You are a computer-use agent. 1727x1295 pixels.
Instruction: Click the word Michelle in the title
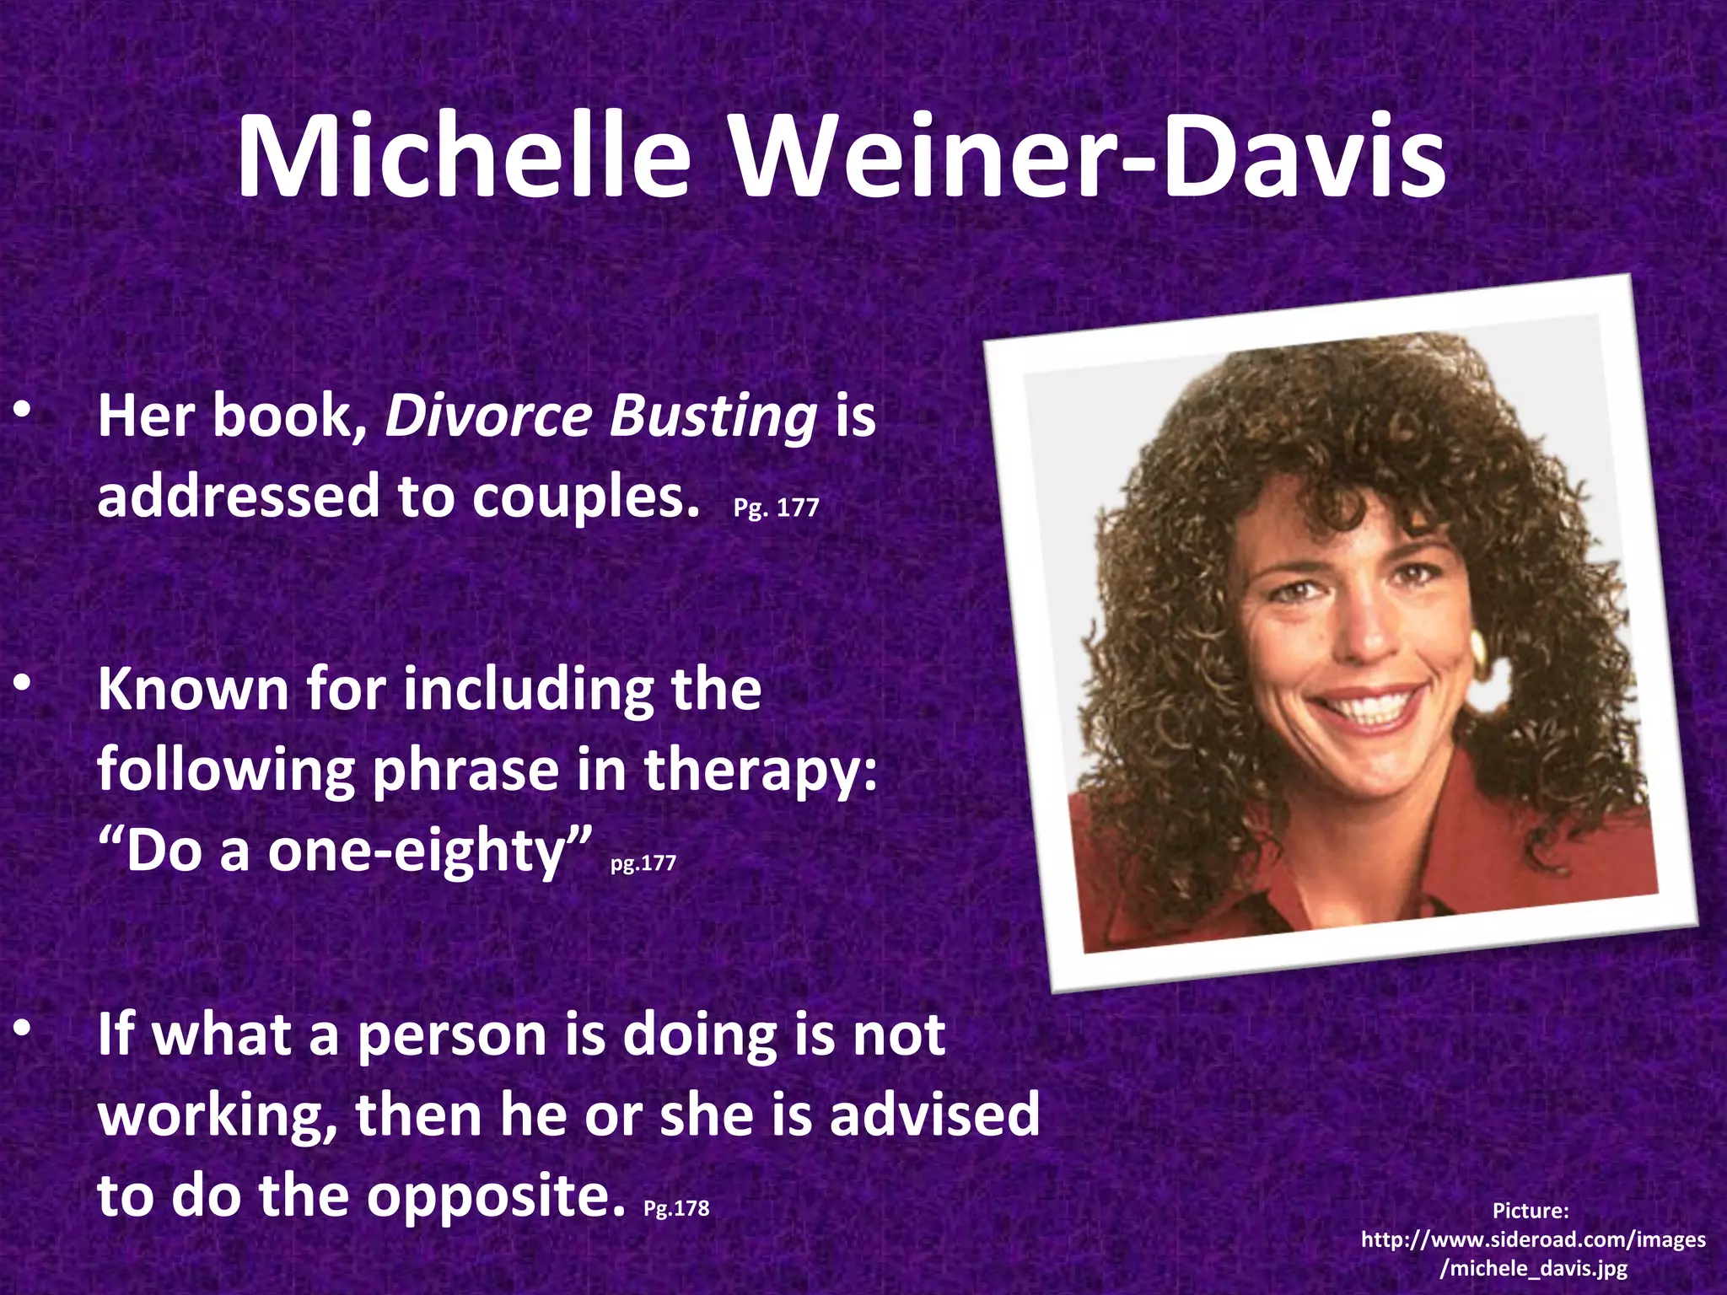click(464, 158)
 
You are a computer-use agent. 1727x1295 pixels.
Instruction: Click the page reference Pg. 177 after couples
click(776, 508)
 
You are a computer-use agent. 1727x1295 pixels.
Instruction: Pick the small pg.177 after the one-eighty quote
click(643, 863)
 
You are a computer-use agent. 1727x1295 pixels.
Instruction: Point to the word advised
click(934, 1115)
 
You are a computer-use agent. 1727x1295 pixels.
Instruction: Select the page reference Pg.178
click(676, 1208)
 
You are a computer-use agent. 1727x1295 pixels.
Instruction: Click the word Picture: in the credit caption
click(1531, 1211)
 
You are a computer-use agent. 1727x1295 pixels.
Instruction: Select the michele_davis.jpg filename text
click(1534, 1268)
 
